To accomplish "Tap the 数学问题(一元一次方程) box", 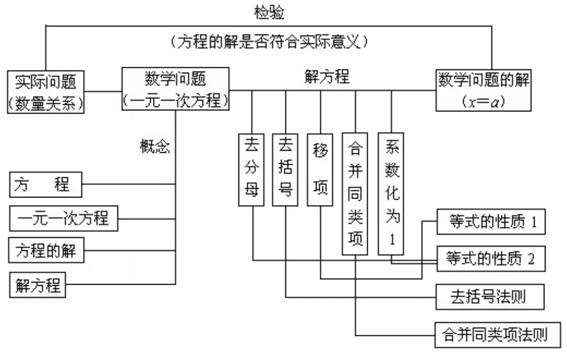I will click(x=176, y=89).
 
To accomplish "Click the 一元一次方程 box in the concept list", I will click(x=64, y=218).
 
